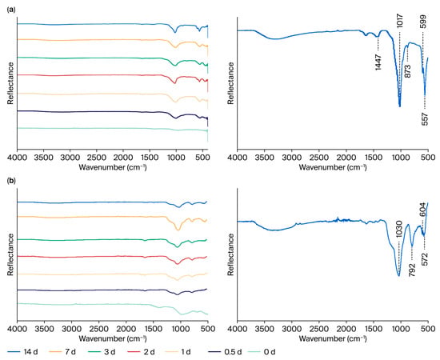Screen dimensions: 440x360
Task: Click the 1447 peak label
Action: point(378,62)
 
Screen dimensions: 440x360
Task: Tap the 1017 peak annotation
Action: point(399,21)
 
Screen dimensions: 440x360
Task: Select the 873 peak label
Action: point(408,71)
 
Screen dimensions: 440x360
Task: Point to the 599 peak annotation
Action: point(423,21)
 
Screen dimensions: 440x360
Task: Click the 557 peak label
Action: point(425,119)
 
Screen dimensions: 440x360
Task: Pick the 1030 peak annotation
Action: point(399,230)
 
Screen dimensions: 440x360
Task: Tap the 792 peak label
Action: point(412,270)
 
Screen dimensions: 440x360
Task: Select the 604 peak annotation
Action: point(423,210)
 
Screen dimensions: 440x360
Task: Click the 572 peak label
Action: point(425,259)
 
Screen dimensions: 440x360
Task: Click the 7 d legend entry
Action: point(62,351)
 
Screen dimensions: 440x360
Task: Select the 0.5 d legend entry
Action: point(225,351)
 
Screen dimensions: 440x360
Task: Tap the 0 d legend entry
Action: point(262,351)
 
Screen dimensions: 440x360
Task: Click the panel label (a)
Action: point(10,10)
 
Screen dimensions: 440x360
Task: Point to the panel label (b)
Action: point(10,181)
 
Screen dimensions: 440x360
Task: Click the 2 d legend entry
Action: point(141,351)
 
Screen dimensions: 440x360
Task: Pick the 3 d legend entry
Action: point(102,351)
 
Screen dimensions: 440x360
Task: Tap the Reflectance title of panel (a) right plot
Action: point(230,83)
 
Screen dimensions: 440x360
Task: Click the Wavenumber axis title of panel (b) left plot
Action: point(113,338)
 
